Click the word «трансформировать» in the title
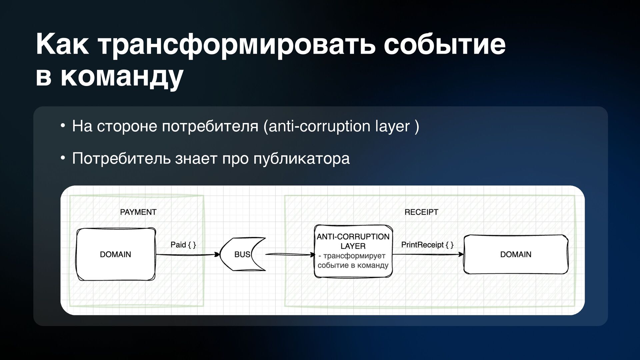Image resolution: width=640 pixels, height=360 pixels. [237, 45]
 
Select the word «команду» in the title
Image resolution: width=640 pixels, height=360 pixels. [122, 77]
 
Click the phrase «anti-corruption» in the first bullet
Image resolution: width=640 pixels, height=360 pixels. [319, 126]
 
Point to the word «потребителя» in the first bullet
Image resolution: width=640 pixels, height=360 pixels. [210, 126]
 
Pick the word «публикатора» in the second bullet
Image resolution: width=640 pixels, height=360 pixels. [301, 158]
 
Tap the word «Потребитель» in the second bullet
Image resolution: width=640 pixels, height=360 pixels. [121, 158]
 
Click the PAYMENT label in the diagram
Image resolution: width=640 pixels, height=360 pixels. [138, 212]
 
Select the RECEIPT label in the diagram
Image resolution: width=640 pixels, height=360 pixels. [421, 212]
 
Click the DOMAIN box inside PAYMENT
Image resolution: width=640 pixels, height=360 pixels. [116, 254]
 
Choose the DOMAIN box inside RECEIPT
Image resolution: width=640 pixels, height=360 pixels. [516, 254]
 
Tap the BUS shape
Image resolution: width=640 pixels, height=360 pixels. [242, 254]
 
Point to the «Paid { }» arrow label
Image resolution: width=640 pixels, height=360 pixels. [183, 245]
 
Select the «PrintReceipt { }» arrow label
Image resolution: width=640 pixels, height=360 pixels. [427, 245]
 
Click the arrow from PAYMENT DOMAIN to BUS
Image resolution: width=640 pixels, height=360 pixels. [187, 255]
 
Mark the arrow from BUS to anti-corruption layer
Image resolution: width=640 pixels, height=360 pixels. [289, 255]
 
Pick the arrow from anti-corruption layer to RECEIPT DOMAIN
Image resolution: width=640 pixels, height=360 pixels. [428, 255]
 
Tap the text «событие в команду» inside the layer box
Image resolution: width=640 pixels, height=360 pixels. [353, 266]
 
